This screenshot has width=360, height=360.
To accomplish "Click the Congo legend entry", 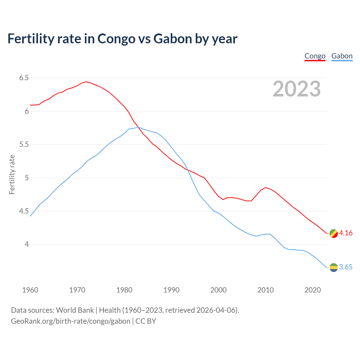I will [315, 56].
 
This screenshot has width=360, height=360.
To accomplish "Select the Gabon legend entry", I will [342, 56].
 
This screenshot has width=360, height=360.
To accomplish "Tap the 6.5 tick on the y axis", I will [24, 78].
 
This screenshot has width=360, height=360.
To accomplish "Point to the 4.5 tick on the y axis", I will [24, 211].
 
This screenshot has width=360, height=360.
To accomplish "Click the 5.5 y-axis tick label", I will [24, 145].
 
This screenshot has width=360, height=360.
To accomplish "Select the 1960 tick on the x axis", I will [30, 290].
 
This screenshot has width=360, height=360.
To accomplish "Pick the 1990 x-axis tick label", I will [171, 290].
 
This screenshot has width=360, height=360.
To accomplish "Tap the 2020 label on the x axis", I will [312, 290].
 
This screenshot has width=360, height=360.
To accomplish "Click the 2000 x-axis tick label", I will [218, 290].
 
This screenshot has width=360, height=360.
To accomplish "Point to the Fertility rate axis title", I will [12, 174].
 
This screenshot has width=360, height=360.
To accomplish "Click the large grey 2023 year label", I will [296, 89].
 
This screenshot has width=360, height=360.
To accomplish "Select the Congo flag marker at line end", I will [334, 233].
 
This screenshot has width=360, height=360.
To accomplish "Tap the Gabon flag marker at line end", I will [334, 267].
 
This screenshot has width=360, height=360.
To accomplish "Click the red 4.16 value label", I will [346, 233].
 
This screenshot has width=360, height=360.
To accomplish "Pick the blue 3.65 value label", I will [346, 267].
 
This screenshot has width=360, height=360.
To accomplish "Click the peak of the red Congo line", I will [86, 82].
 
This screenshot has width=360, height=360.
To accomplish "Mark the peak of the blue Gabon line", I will [138, 127].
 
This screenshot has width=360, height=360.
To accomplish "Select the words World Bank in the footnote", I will [75, 310].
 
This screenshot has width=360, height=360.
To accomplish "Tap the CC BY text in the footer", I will [146, 321].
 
